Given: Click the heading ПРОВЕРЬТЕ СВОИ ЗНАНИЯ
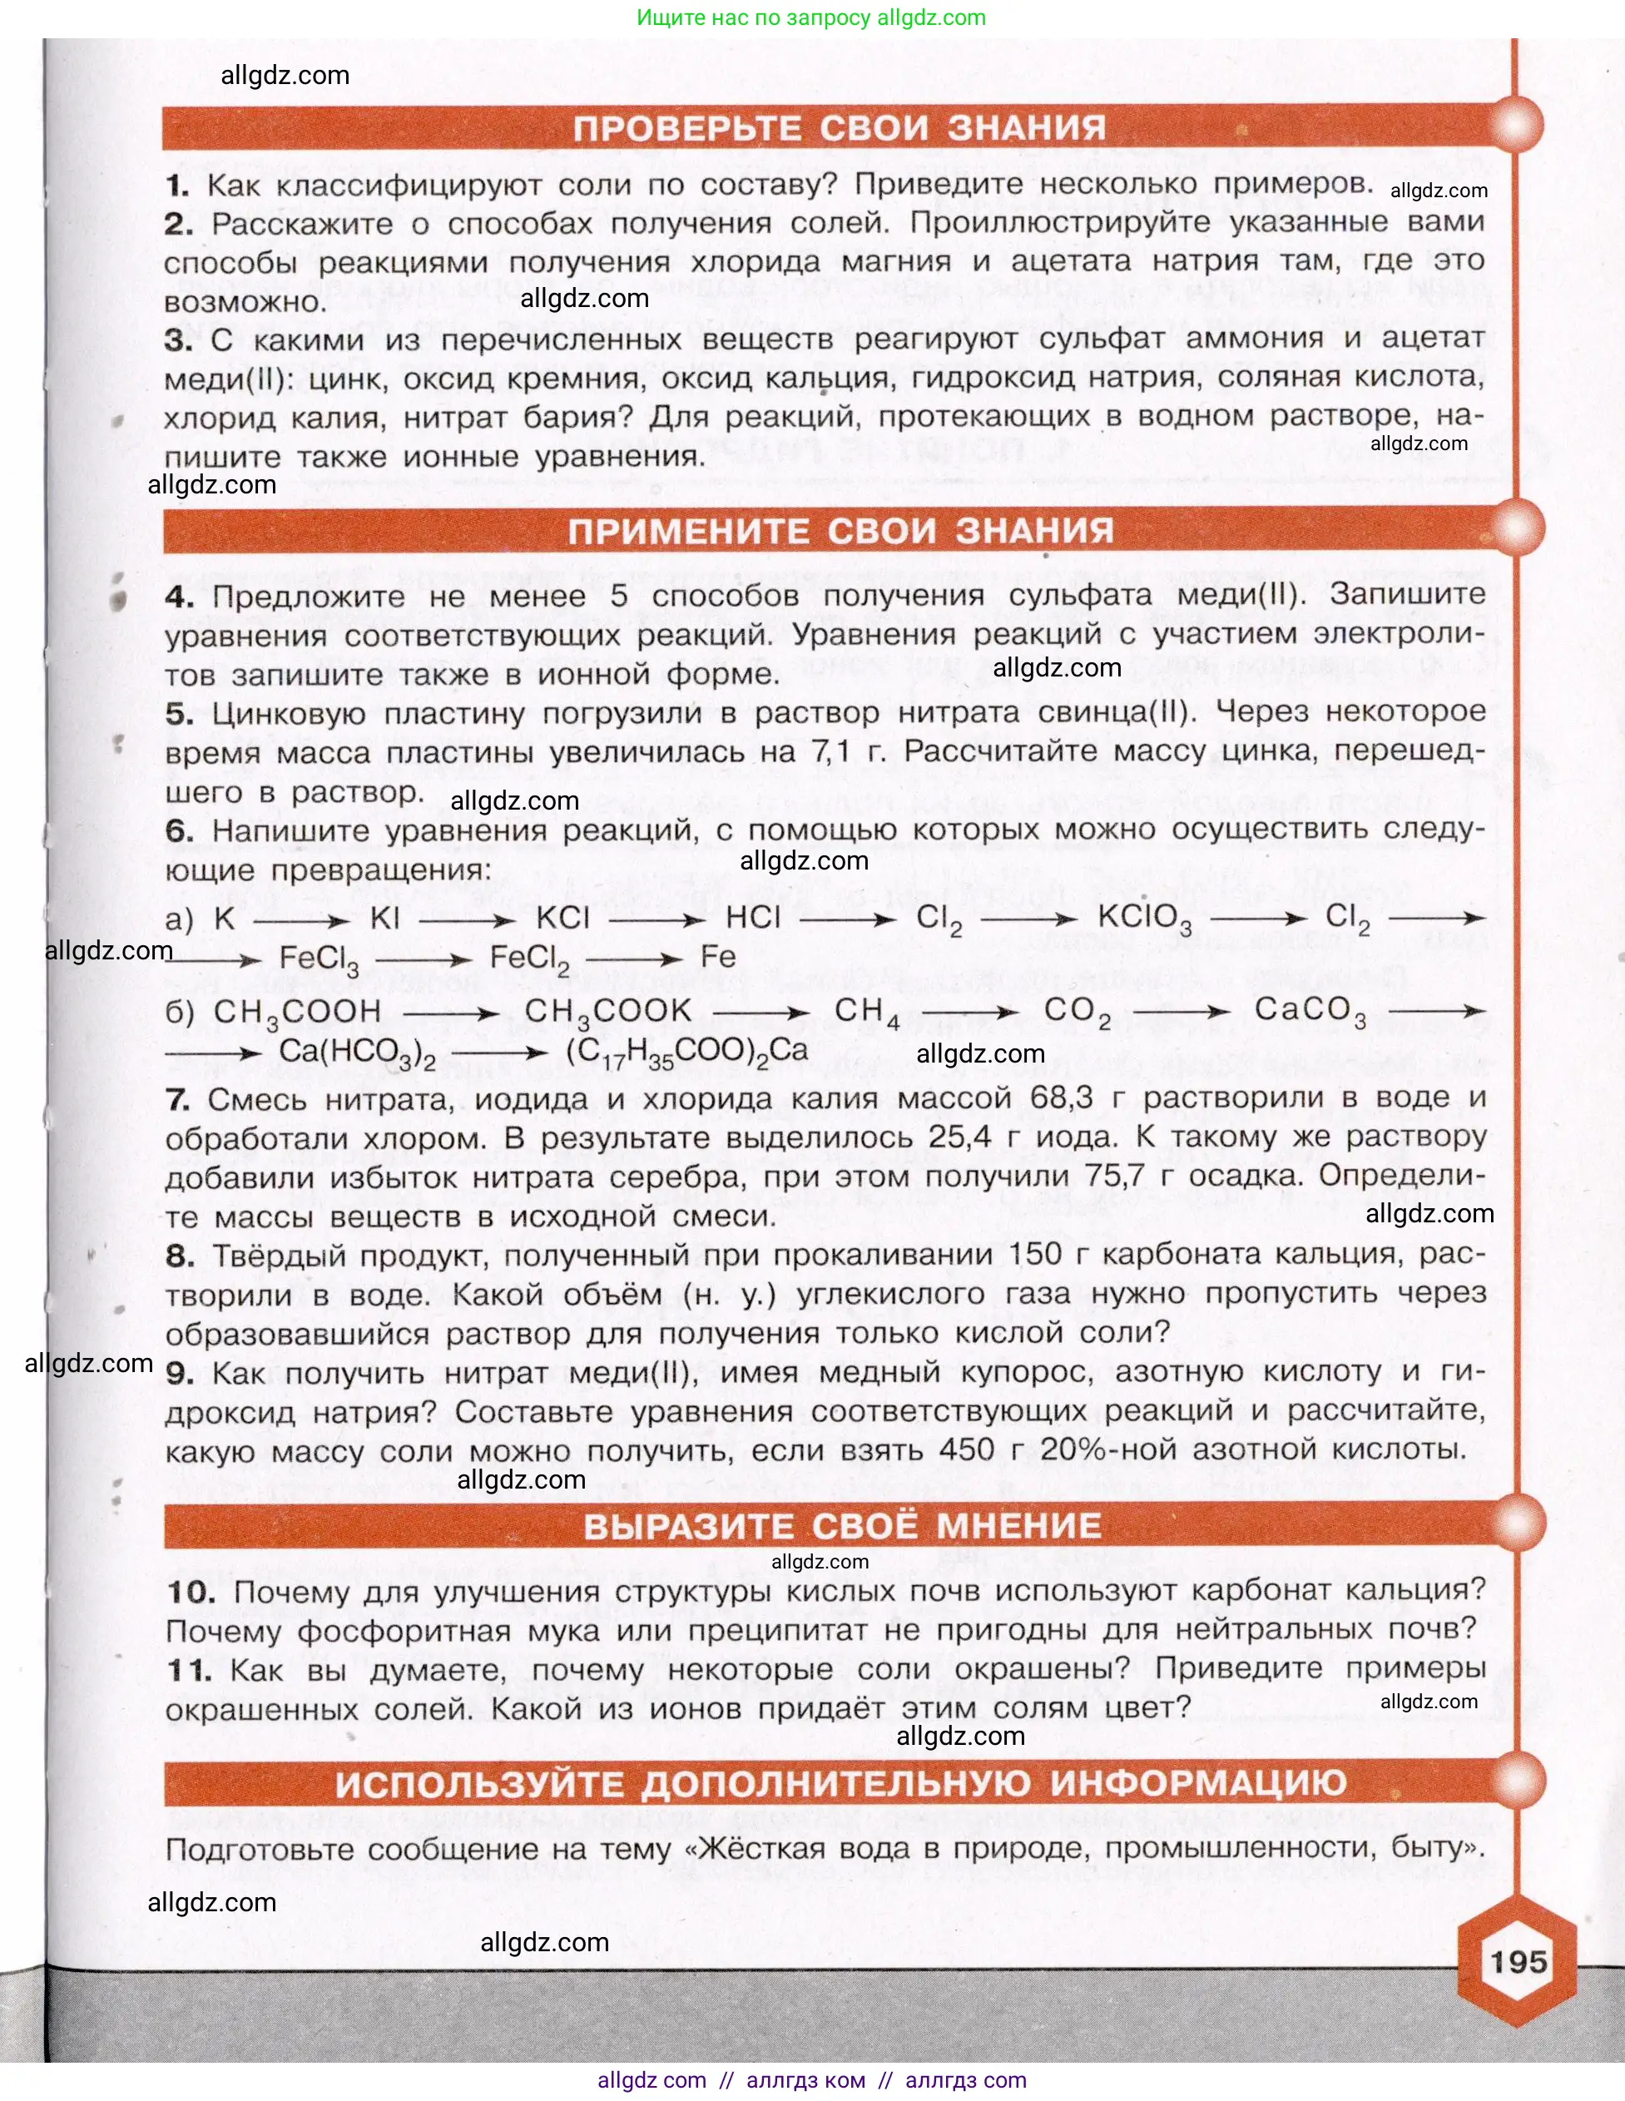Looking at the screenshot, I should click(839, 128).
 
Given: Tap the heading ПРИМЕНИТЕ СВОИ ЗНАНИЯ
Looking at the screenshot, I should click(840, 531).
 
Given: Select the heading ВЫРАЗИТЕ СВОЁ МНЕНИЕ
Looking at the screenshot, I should click(842, 1527).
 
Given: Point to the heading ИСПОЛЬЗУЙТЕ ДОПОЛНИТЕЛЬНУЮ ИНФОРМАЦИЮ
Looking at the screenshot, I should click(840, 1783).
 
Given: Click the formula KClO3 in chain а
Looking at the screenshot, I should click(1144, 919).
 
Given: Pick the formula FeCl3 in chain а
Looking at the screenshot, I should click(319, 959).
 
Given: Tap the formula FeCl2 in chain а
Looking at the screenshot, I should click(529, 959).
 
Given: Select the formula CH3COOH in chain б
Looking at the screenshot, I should click(297, 1013).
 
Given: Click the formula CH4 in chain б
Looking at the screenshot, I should click(867, 1012).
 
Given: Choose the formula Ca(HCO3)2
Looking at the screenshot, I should click(357, 1053).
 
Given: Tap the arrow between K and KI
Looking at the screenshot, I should click(301, 920).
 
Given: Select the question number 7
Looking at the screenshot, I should click(177, 1098).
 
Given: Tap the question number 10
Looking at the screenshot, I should click(191, 1592).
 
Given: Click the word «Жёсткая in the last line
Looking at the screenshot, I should click(755, 1849).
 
